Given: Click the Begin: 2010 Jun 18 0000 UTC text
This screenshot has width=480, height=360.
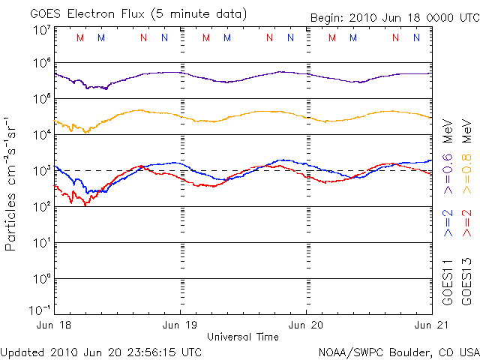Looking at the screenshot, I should [x=394, y=17].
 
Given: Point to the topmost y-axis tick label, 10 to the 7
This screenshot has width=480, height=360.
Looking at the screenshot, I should [x=41, y=30].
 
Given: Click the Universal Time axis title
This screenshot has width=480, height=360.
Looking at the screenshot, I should [x=243, y=337].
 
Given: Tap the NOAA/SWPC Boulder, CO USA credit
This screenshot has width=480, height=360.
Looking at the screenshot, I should [x=398, y=351].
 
